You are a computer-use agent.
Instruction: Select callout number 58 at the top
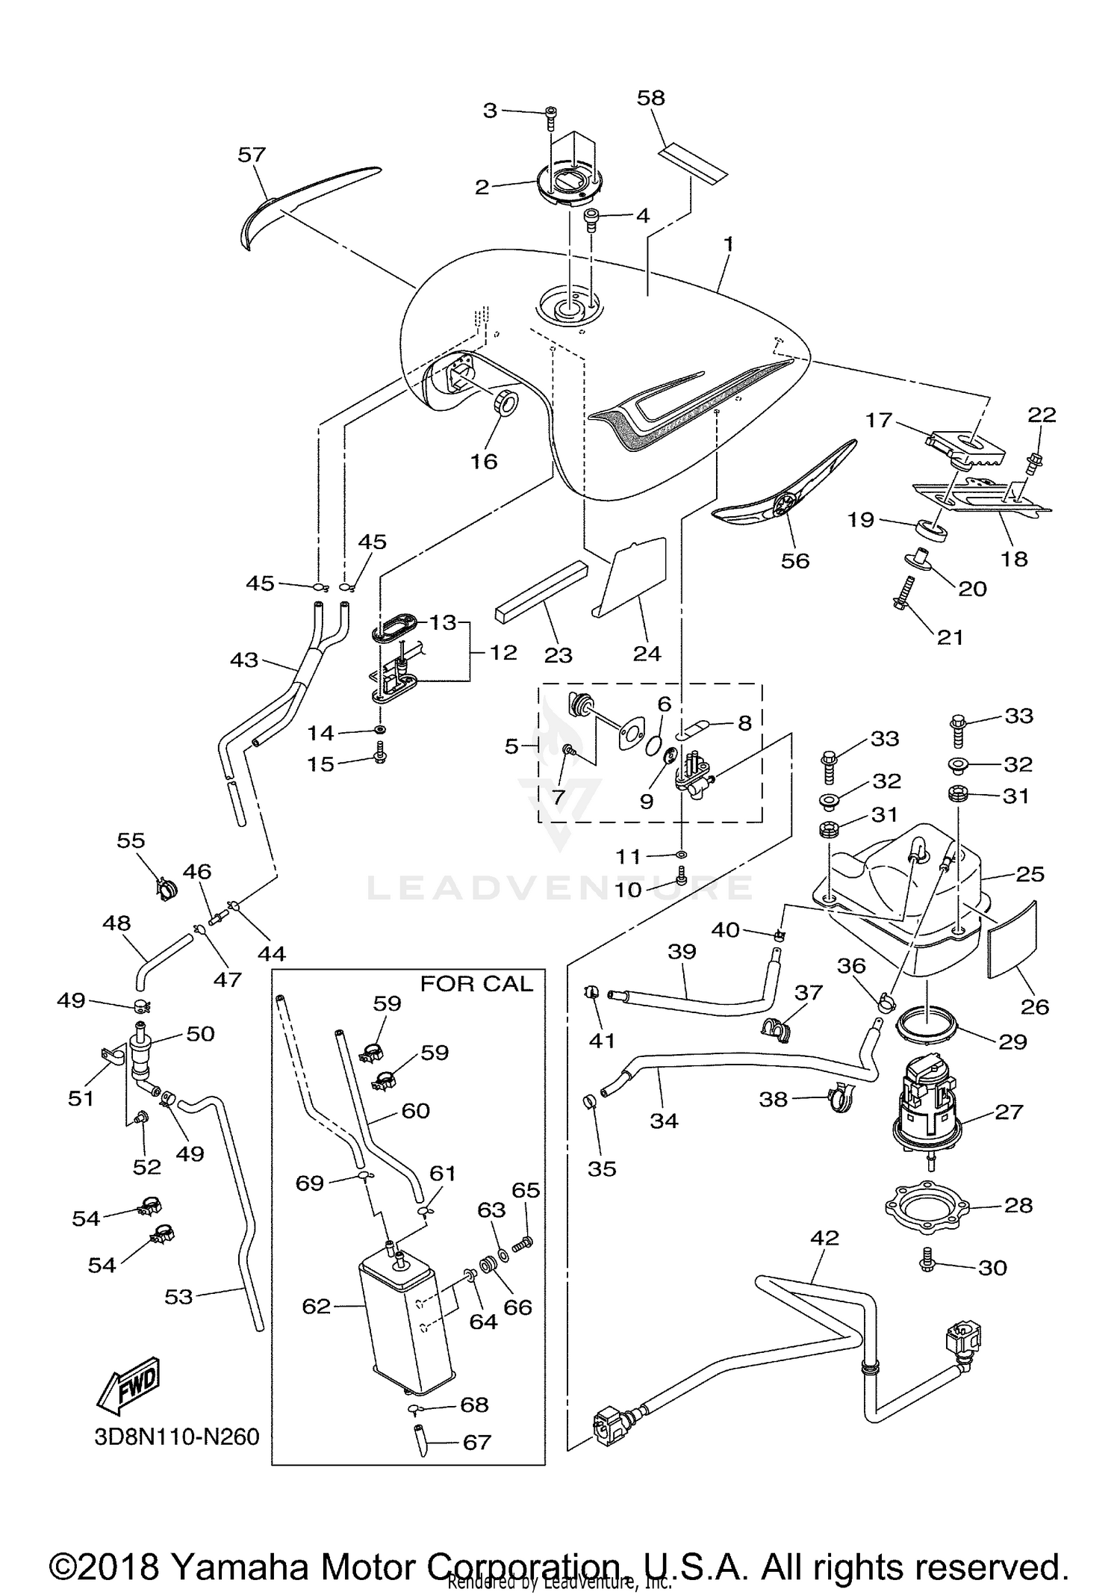click(x=650, y=98)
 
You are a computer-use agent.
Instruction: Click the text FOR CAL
click(x=476, y=984)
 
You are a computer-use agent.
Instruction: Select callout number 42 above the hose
click(x=824, y=1238)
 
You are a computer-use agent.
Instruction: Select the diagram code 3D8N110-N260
click(x=176, y=1437)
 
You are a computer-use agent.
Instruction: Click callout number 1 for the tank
click(x=728, y=244)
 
